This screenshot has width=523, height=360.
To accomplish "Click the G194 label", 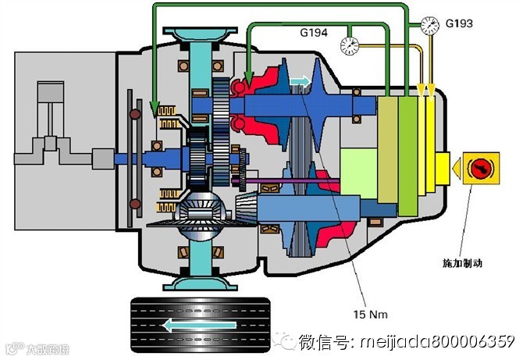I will click(315, 34).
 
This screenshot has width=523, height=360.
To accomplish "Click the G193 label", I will click(461, 23).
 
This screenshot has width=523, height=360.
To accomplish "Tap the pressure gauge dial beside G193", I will click(428, 25).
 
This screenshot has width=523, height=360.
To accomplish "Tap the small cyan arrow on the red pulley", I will click(300, 80).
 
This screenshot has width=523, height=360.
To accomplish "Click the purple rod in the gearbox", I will click(289, 184).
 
